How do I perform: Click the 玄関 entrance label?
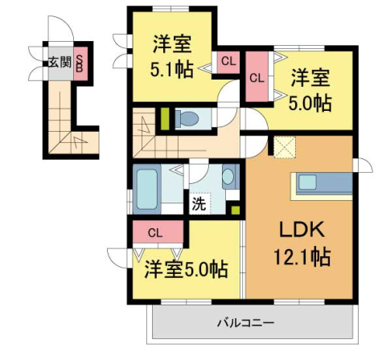pyautogui.click(x=60, y=62)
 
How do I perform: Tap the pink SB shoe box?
pyautogui.click(x=80, y=63)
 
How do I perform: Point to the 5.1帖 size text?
pyautogui.click(x=171, y=69)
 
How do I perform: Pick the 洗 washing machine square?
pyautogui.click(x=198, y=202)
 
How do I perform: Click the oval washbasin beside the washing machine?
pyautogui.click(x=228, y=177)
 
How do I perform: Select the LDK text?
pyautogui.click(x=301, y=231)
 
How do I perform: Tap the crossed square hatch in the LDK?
pyautogui.click(x=284, y=147)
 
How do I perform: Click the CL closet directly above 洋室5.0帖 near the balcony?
pyautogui.click(x=155, y=234)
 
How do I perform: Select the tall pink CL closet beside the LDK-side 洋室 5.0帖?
pyautogui.click(x=257, y=78)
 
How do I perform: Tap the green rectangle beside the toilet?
pyautogui.click(x=165, y=120)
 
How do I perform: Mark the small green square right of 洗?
pyautogui.click(x=235, y=211)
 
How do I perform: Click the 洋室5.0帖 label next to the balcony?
pyautogui.click(x=186, y=269)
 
